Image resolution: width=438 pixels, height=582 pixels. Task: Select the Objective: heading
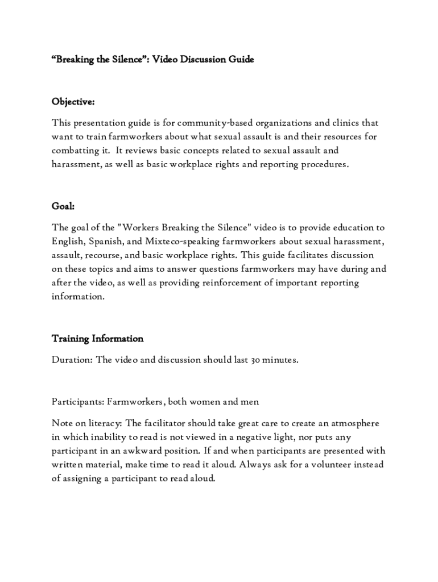pos(73,102)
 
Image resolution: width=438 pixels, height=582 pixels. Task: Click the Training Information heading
pos(97,339)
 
